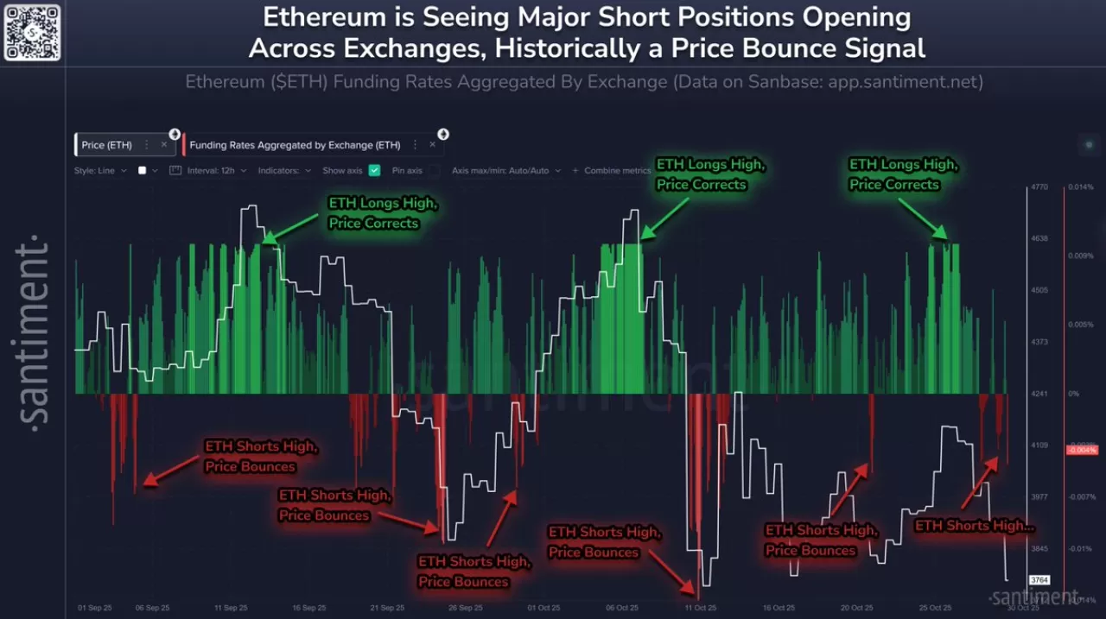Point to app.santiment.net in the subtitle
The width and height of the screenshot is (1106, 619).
[905, 82]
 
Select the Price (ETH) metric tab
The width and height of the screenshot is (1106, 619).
[107, 145]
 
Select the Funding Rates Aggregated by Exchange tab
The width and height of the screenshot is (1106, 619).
[295, 145]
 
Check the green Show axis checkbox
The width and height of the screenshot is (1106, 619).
[374, 171]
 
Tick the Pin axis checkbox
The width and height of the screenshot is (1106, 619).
[434, 171]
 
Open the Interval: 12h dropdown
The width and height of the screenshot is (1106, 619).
[211, 171]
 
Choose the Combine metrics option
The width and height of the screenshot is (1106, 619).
[617, 171]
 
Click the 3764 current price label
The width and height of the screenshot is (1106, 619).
[1039, 580]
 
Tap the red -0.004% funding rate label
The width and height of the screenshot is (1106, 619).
[1082, 450]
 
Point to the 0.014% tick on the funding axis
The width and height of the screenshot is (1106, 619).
[1081, 186]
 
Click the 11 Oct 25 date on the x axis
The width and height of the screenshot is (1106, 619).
[700, 608]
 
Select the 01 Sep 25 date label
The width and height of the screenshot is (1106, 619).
[94, 608]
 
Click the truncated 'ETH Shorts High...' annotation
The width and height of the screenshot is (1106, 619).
[974, 526]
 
